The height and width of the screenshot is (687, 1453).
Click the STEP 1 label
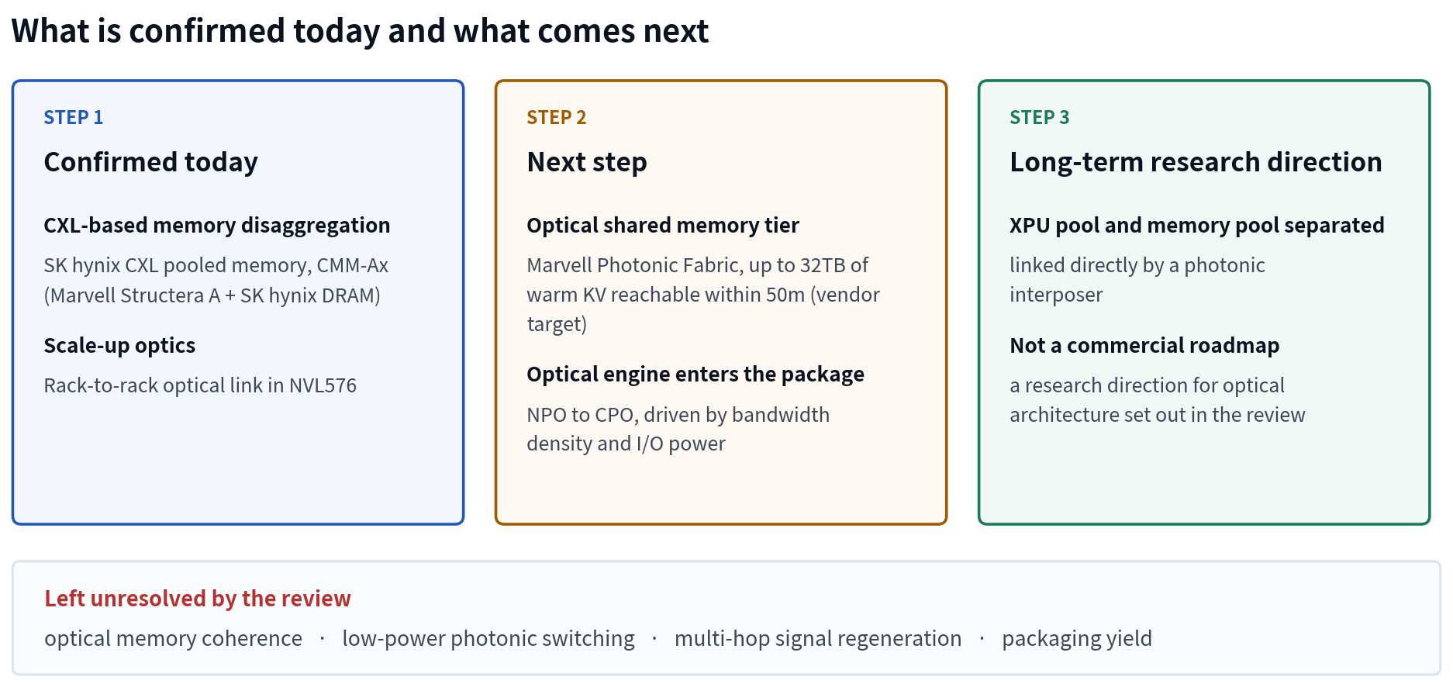(73, 117)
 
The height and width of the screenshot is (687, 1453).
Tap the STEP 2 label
(556, 117)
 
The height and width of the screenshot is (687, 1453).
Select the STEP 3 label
(1039, 117)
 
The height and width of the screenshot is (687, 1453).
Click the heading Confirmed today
(150, 162)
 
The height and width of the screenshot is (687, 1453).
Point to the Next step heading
(587, 162)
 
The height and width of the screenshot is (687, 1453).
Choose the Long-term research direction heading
(1196, 162)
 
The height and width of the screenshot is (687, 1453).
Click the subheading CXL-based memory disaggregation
(217, 225)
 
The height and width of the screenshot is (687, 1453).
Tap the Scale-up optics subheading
(119, 345)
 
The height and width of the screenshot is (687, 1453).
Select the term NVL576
(323, 385)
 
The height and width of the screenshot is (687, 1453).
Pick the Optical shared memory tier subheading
(663, 225)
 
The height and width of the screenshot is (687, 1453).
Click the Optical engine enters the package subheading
(695, 374)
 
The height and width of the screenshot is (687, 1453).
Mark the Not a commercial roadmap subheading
(1144, 345)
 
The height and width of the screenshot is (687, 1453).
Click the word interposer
(1056, 295)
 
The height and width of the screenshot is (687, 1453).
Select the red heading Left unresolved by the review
(198, 599)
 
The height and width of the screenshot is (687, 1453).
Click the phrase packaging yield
(1077, 638)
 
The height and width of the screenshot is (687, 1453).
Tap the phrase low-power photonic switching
(488, 638)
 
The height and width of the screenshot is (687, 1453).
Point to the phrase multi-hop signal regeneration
(818, 638)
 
